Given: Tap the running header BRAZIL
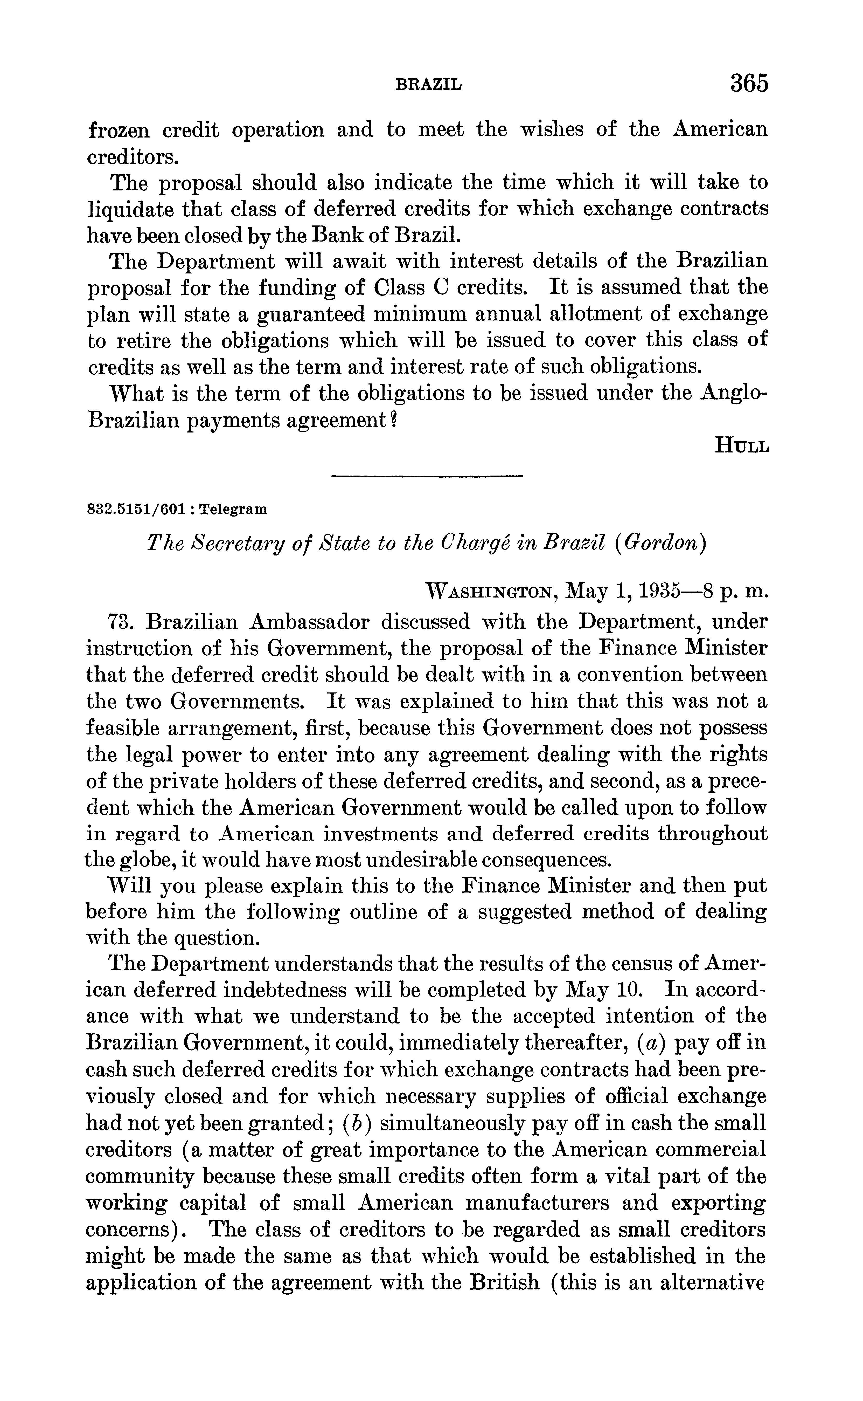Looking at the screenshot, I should point(429,85).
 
